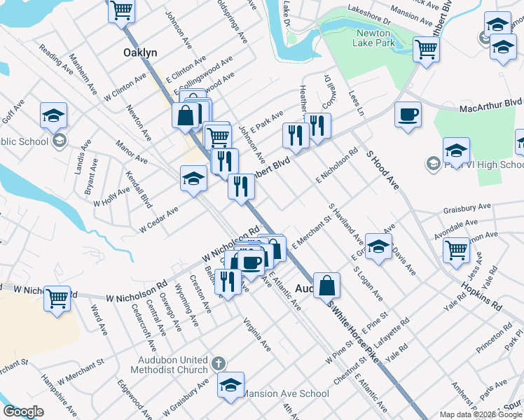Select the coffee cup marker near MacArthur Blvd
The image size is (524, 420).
click(x=407, y=115)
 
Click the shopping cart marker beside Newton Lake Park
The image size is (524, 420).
click(x=425, y=50)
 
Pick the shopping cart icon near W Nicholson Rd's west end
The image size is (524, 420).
click(x=57, y=297)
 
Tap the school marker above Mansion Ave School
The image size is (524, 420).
click(x=230, y=384)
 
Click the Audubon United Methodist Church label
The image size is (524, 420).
click(x=174, y=364)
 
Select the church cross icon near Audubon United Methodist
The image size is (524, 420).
click(x=218, y=363)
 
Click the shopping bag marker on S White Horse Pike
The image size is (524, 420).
click(x=326, y=286)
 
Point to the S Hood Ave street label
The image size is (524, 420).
click(x=382, y=168)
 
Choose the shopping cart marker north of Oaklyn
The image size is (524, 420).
click(x=122, y=10)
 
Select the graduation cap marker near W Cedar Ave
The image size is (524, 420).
click(x=193, y=178)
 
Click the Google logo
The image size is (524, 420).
click(x=23, y=412)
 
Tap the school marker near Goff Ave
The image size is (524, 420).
click(x=53, y=116)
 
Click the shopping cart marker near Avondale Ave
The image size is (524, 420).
click(x=457, y=249)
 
